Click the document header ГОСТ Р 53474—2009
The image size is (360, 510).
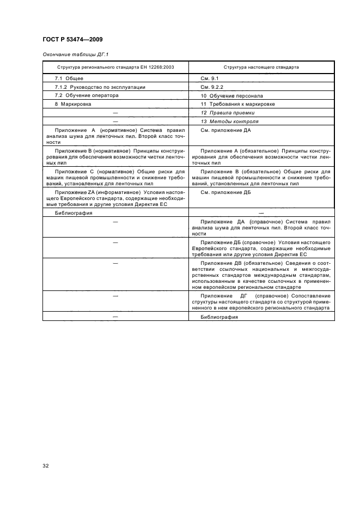[72, 39]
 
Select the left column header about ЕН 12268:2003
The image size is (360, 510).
[115, 68]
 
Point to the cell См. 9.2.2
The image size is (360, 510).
[213, 87]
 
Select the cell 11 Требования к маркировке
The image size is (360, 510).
[237, 104]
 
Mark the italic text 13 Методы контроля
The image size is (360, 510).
[229, 121]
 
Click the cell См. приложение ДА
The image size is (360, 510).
[225, 131]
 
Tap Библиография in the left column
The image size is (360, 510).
[74, 213]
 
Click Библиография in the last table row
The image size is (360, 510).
[219, 317]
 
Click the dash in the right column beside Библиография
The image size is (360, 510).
[261, 213]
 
